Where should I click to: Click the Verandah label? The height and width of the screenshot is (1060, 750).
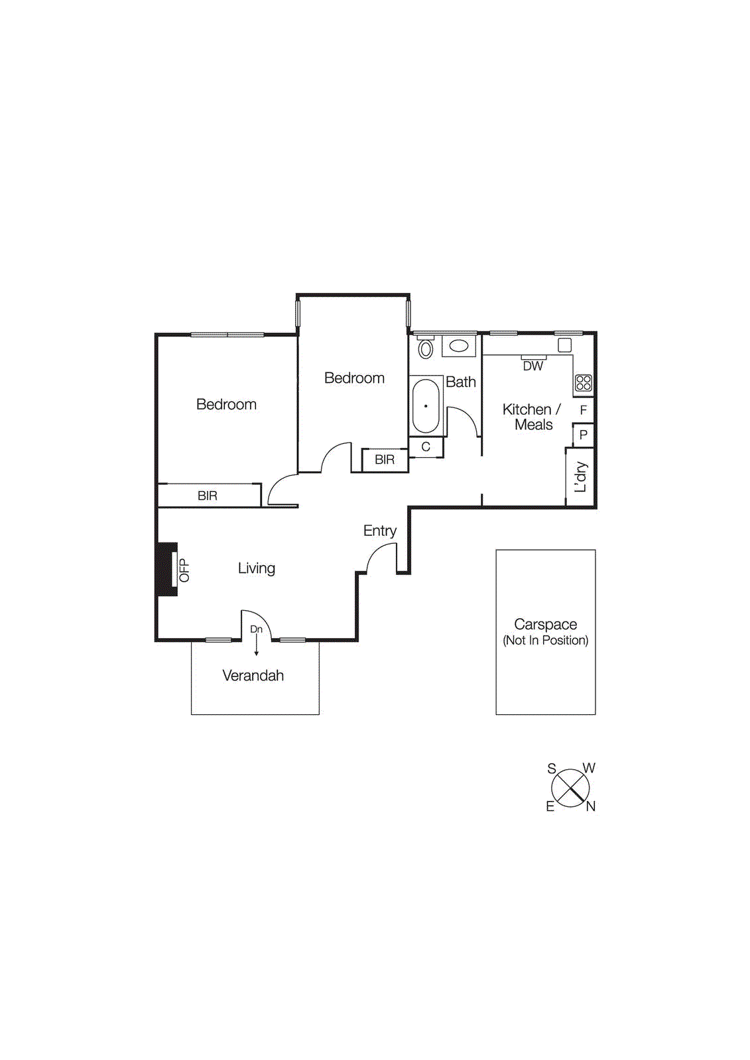click(253, 676)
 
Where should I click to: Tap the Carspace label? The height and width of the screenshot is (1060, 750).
click(545, 625)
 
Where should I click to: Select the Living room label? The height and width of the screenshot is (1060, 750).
click(256, 568)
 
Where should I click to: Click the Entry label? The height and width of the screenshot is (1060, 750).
click(379, 531)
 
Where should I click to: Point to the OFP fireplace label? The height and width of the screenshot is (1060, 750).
click(184, 570)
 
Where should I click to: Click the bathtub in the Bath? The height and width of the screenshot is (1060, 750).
click(426, 405)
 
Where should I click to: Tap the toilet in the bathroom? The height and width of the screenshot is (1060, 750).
click(425, 348)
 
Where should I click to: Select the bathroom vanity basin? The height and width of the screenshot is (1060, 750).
click(459, 346)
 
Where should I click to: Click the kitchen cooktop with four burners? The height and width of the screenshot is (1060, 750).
click(584, 383)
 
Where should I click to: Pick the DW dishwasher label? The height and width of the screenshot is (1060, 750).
click(533, 366)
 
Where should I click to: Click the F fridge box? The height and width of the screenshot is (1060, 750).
click(583, 410)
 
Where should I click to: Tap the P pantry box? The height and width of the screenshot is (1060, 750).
click(583, 435)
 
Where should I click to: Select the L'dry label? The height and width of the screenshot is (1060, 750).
click(580, 477)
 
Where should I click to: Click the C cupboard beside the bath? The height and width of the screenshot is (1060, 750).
click(426, 447)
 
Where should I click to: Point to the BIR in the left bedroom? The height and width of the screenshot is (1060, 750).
click(208, 496)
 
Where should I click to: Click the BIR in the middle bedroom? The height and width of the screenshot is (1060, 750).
click(385, 460)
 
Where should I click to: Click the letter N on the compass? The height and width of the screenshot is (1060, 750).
click(590, 806)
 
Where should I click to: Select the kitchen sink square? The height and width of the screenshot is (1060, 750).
click(564, 345)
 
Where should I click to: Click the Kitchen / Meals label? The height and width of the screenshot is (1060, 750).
click(532, 417)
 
